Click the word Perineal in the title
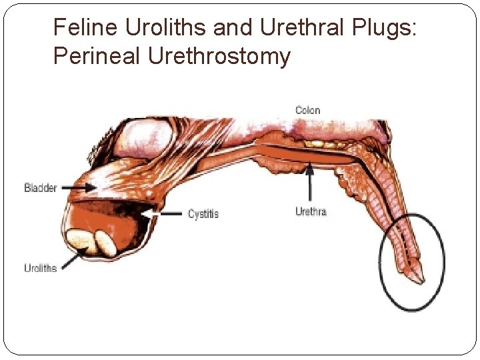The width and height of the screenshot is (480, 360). coord(97,57)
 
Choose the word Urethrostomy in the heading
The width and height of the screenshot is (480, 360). coord(219,57)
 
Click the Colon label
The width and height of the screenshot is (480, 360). coord(308,111)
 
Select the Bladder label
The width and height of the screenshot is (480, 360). coord(41,187)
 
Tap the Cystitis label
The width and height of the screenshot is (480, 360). coord(203,214)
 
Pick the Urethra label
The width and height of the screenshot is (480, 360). coord(310,212)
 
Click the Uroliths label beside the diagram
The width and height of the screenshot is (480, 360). coord(41,268)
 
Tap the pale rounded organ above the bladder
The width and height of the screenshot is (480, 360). coord(147,137)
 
